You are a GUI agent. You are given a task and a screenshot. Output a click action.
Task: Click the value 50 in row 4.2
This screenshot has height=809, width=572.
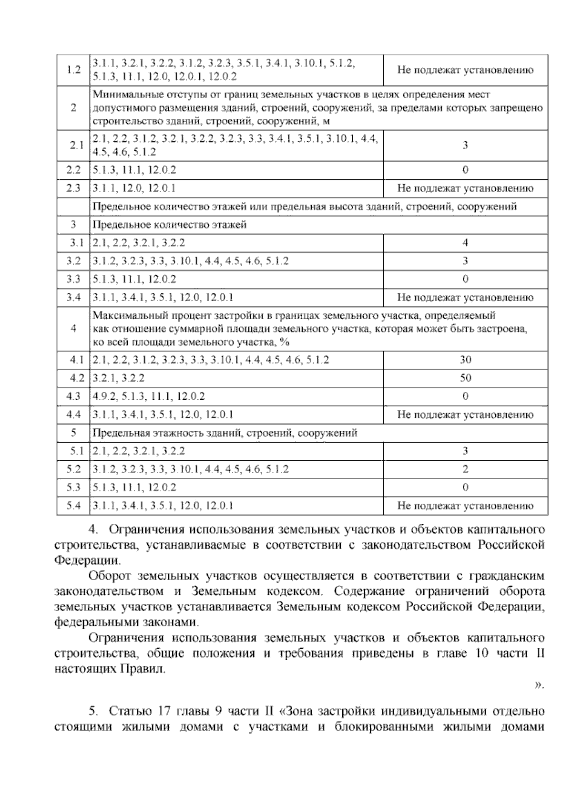[x=465, y=378]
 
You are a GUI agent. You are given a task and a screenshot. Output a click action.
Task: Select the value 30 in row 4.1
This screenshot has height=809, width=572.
[x=465, y=360]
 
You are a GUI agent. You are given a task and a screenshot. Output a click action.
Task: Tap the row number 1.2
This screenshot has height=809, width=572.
[x=73, y=70]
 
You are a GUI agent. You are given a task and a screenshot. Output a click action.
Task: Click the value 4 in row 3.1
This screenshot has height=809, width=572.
[x=465, y=243]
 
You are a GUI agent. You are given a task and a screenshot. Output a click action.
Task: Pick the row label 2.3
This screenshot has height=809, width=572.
[x=73, y=188]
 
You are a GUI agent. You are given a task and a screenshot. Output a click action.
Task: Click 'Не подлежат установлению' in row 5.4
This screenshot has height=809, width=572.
[x=465, y=506]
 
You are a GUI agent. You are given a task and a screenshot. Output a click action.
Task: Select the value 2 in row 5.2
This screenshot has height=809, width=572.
[x=465, y=469]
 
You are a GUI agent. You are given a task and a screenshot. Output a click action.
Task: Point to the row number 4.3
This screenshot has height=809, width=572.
[x=73, y=396]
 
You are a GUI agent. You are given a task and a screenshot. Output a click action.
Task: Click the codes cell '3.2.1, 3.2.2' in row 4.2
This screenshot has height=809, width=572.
[x=119, y=378]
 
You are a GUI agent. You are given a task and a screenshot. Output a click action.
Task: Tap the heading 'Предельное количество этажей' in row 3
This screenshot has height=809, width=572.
[x=170, y=225]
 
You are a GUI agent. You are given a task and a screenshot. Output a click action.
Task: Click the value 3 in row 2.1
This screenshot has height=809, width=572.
[x=465, y=145]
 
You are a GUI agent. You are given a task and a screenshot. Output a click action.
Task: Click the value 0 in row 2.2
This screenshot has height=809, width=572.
[x=465, y=170]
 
